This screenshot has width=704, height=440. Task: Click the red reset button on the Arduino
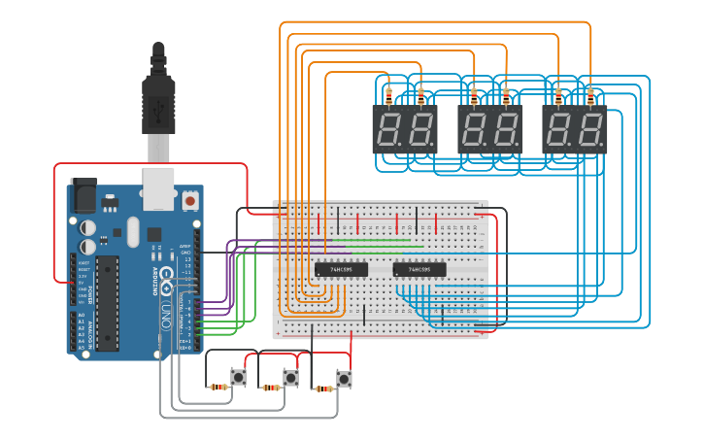point(190,200)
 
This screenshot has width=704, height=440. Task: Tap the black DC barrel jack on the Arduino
point(84,197)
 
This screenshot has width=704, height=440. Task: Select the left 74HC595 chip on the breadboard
point(341,269)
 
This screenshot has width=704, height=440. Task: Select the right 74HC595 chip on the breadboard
point(419,269)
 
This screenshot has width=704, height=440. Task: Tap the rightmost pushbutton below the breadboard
point(344,377)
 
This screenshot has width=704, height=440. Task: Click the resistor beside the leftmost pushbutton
point(219,387)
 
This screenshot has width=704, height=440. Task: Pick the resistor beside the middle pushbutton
point(273,388)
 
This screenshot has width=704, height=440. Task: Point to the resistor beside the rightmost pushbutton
point(324,388)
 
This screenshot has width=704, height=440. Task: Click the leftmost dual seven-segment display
point(405,129)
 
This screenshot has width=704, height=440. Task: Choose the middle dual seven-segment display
point(489,129)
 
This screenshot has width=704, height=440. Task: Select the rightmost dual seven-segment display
point(574,129)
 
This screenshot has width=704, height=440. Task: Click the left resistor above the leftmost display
point(389,95)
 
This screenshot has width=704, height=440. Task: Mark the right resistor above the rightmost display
point(589,95)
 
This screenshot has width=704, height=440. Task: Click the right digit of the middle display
point(505,130)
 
